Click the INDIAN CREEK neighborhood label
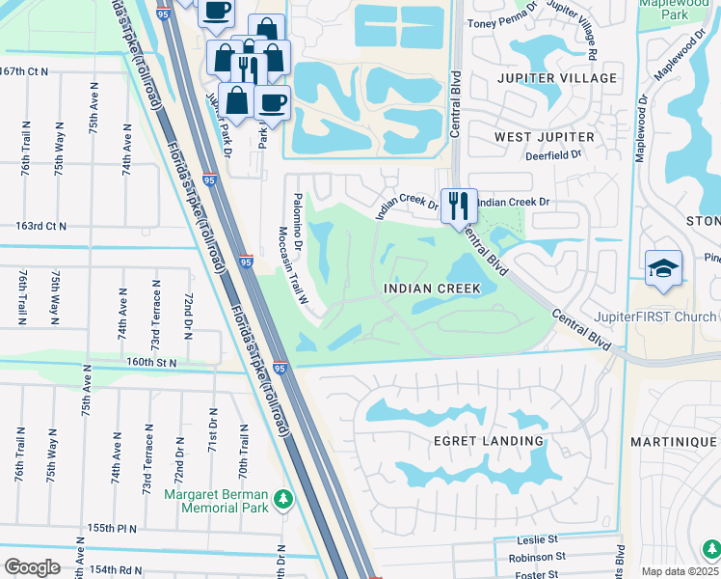[x=433, y=289]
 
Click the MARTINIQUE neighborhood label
[x=675, y=441]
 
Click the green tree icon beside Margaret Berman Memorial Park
[x=283, y=498]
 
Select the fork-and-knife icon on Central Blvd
[x=459, y=206]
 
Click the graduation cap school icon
[x=664, y=268]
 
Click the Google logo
[x=32, y=566]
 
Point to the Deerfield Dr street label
[x=553, y=154]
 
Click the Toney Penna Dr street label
[x=501, y=22]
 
